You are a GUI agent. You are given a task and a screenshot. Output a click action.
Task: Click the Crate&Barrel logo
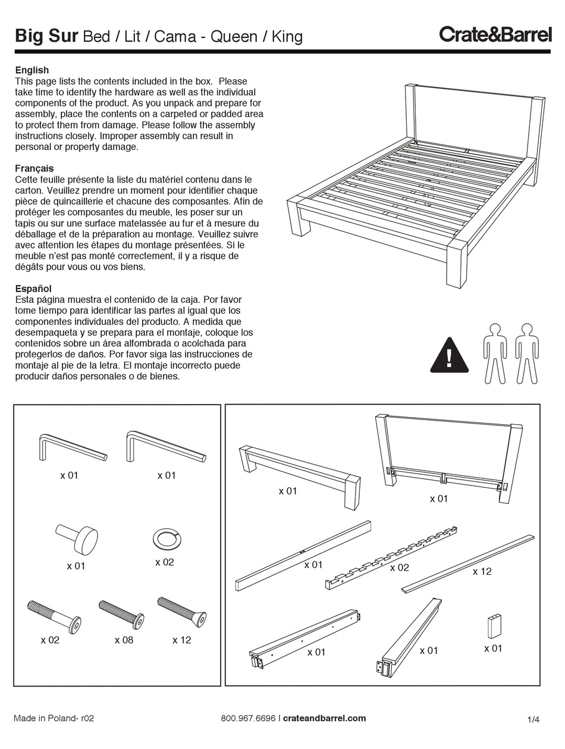(495, 35)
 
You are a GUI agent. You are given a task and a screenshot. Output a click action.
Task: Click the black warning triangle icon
(449, 356)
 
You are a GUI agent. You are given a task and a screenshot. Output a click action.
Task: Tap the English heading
(32, 70)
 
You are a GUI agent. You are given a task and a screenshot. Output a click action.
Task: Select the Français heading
(34, 168)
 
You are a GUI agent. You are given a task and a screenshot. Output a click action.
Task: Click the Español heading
(33, 289)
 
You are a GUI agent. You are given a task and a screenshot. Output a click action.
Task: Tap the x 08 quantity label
(124, 640)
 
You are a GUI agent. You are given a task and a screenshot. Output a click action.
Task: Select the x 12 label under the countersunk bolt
(182, 640)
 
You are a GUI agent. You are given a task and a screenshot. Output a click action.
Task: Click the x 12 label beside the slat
(482, 572)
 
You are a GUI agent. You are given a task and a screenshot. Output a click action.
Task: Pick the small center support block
(494, 626)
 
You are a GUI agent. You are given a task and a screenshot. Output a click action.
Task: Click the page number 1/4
(533, 720)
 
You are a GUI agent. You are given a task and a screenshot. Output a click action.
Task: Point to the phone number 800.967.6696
(248, 718)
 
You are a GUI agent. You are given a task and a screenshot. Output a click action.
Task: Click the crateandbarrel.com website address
(324, 718)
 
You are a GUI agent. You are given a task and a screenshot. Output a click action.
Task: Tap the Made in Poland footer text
(54, 718)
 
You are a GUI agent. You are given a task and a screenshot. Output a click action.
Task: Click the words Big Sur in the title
(46, 36)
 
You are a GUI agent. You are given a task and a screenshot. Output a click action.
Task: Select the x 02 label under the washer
(164, 562)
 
